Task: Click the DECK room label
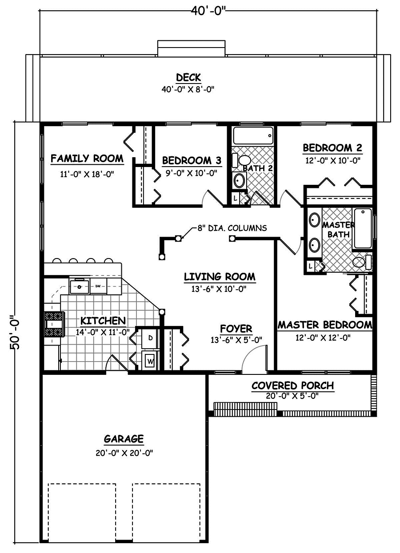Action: (x=188, y=77)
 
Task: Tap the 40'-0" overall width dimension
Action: (x=209, y=10)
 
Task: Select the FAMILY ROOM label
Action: (x=87, y=158)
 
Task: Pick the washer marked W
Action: (x=150, y=361)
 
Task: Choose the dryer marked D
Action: (x=150, y=338)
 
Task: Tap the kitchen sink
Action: (x=80, y=286)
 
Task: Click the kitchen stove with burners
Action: (x=54, y=324)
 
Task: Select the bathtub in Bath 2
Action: (x=252, y=136)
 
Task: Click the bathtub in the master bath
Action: (x=363, y=228)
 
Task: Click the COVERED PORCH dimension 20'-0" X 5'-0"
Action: (x=292, y=396)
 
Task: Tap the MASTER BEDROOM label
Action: (x=324, y=325)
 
